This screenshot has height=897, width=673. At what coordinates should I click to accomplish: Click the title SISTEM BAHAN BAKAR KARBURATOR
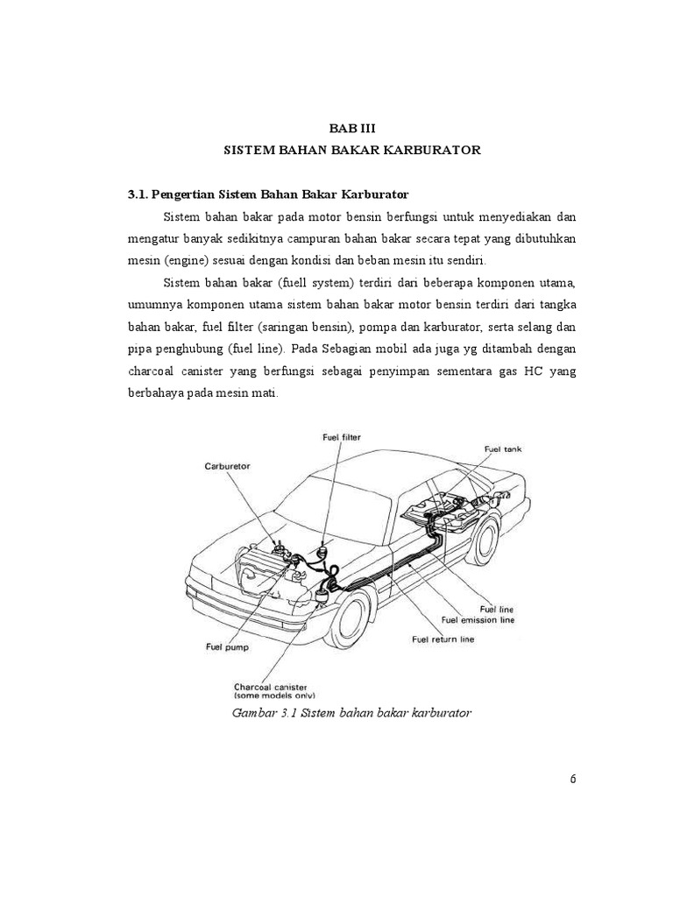tap(351, 150)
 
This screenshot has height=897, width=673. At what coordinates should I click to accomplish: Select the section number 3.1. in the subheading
tap(141, 193)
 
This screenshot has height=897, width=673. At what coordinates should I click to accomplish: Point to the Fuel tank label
tap(502, 448)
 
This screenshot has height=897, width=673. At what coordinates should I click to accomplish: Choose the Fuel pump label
tap(227, 647)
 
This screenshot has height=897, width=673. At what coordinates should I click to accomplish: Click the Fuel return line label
tap(443, 639)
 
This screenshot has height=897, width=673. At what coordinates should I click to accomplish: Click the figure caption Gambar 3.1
tap(351, 713)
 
